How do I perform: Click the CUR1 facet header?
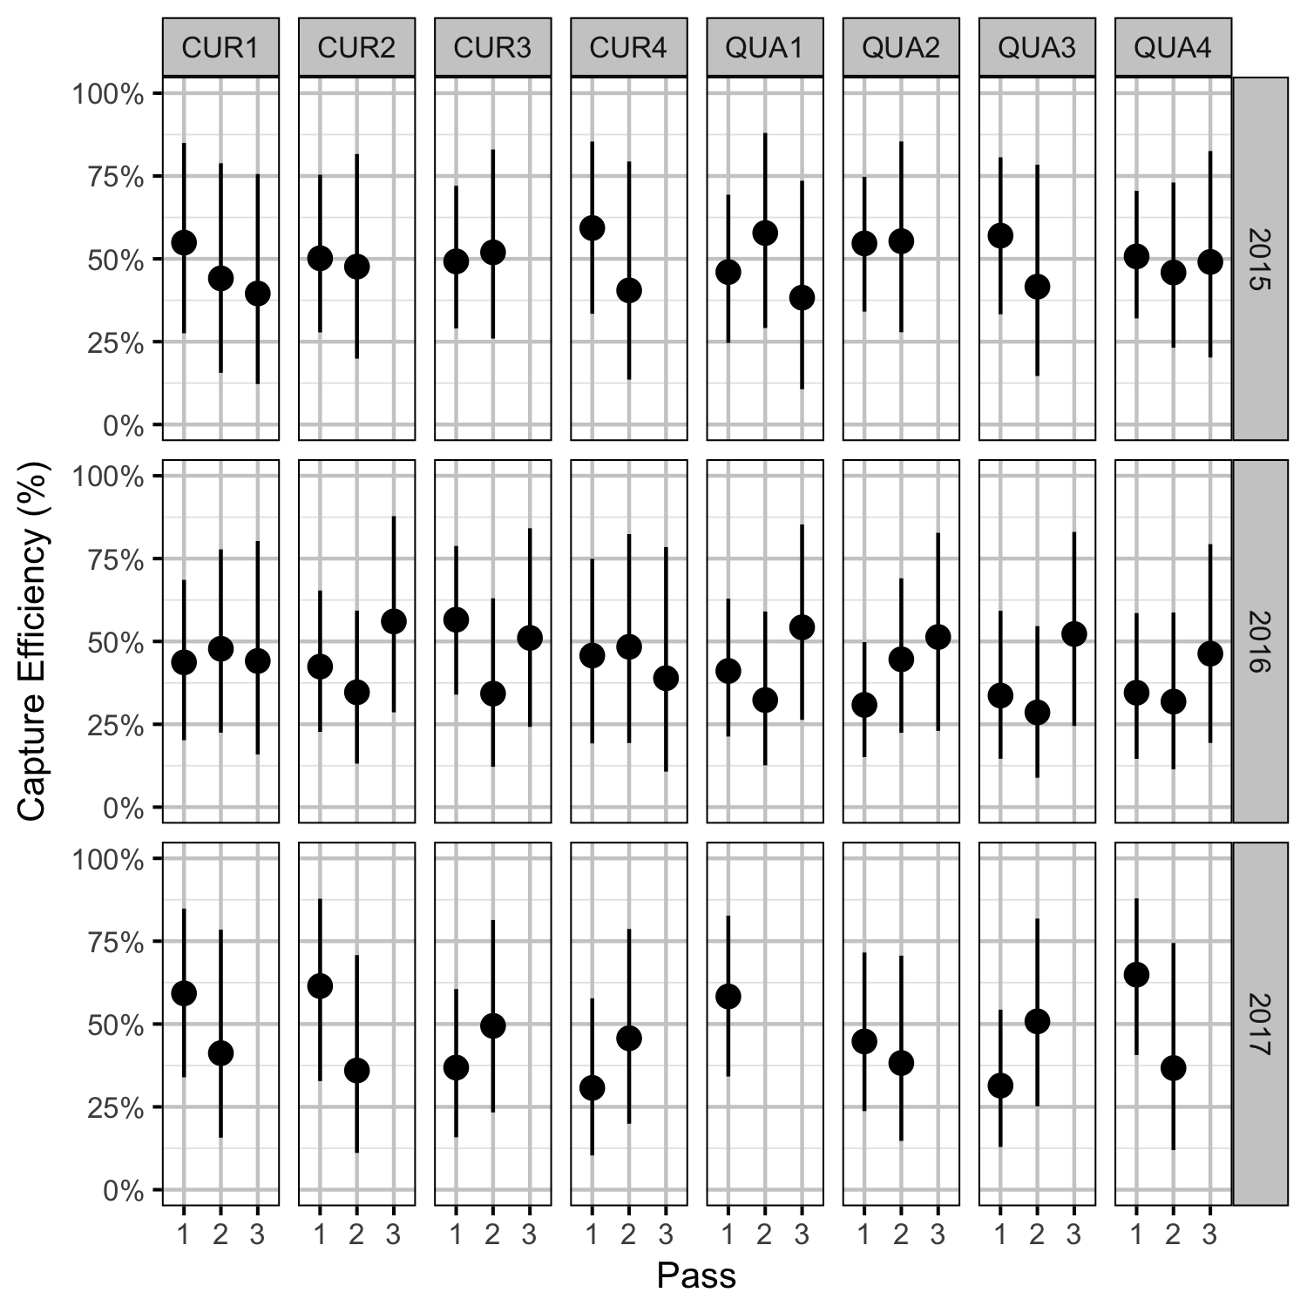point(220,47)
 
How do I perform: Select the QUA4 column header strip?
point(1173,47)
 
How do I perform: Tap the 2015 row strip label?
point(1260,259)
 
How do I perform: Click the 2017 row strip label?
point(1260,1024)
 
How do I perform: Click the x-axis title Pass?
point(696,1276)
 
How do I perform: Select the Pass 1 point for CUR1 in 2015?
point(184,242)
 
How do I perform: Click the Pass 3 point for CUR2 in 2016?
point(393,621)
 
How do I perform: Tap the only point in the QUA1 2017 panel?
point(728,996)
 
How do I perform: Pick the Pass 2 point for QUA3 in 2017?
point(1037,1021)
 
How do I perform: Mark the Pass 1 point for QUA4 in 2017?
point(1136,974)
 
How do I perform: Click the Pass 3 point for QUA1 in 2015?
point(802,297)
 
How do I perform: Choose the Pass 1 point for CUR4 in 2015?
point(593,228)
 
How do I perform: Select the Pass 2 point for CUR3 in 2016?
point(493,694)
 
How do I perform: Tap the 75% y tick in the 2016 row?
point(114,559)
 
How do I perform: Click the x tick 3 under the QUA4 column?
point(1209,1235)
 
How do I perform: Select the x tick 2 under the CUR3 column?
point(493,1235)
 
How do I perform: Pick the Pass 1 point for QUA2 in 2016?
point(864,705)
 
